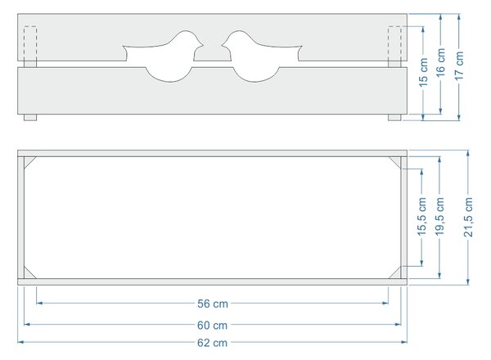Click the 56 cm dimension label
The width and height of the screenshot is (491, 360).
[x=213, y=304]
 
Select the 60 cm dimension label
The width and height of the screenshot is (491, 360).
[x=212, y=326]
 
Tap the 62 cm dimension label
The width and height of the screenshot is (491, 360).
[x=212, y=343]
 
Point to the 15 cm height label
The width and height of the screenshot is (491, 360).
[x=423, y=72]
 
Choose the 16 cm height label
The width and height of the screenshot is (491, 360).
[x=440, y=62]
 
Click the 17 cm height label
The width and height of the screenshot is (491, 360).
[x=459, y=65]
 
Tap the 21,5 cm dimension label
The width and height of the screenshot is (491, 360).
[x=468, y=217]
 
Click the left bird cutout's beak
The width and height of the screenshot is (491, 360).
[x=203, y=45]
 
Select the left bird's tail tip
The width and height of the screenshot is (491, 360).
[x=123, y=47]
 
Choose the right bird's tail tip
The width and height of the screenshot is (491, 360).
[x=301, y=47]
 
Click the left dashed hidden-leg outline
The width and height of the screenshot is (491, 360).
[x=30, y=43]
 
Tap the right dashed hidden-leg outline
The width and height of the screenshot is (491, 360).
[x=394, y=43]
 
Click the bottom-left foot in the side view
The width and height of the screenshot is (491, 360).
[x=30, y=117]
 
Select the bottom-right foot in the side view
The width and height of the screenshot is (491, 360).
[x=394, y=117]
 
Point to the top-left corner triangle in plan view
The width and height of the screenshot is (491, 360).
[x=28, y=160]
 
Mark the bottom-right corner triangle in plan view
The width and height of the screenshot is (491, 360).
[x=397, y=275]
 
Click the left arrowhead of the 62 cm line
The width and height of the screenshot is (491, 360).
[x=20, y=342]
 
